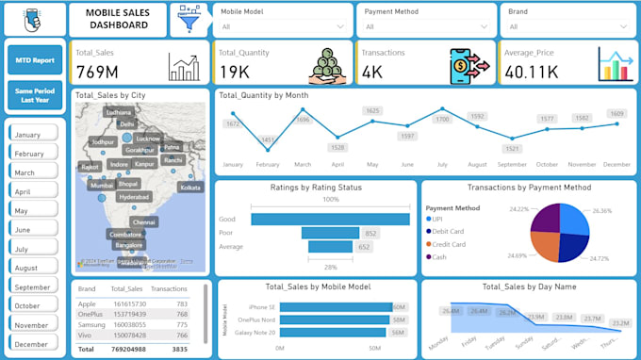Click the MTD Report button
(35, 59)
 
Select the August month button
(33, 268)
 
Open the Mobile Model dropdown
(282, 26)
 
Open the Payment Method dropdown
(426, 26)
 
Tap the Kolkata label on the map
(190, 188)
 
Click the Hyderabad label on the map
(134, 197)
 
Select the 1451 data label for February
(268, 140)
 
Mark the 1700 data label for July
(441, 120)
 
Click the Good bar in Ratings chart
(330, 219)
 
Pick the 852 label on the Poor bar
(370, 233)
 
